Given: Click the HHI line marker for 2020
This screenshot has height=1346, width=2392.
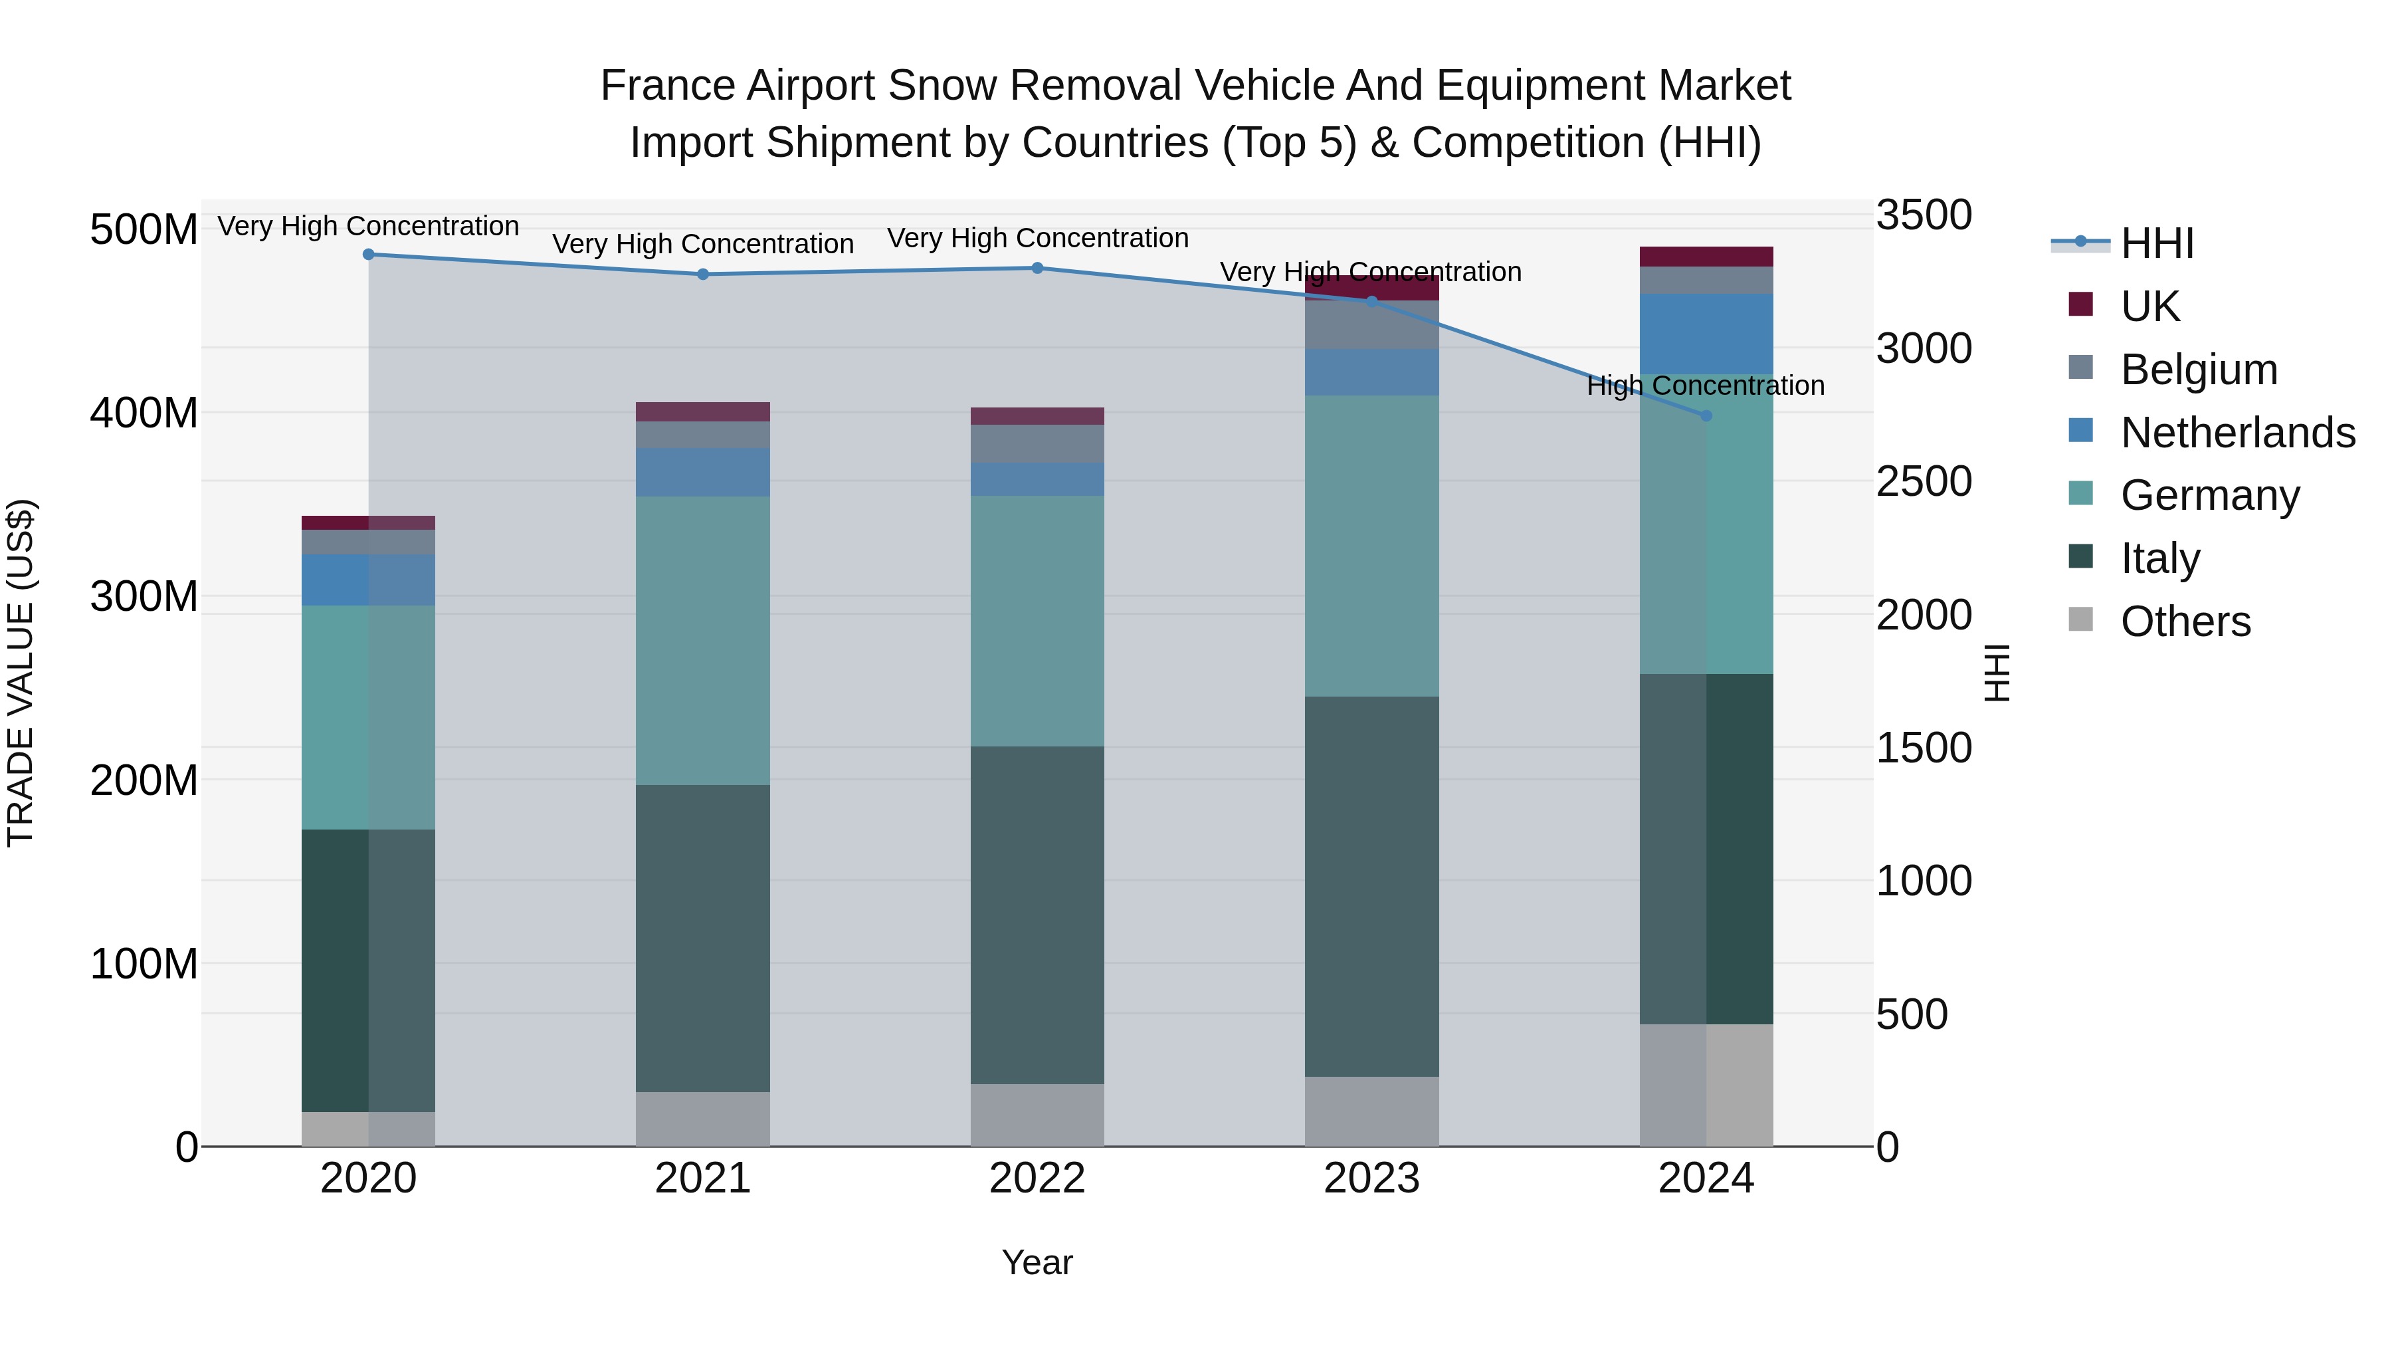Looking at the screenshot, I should click(369, 255).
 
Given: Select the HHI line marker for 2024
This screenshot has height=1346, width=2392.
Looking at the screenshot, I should click(1706, 416).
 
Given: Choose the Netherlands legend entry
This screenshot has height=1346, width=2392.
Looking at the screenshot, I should click(2237, 433).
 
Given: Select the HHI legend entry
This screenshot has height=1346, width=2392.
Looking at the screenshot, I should click(2156, 243).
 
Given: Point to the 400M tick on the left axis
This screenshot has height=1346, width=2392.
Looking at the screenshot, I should click(144, 412).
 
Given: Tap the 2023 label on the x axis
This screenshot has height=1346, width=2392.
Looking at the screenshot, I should click(1371, 1178).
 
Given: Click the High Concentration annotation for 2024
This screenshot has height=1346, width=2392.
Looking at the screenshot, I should click(1706, 386).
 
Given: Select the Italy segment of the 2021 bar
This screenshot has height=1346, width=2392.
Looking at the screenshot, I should click(703, 938).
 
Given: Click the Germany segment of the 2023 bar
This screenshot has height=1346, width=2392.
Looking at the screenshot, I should click(1371, 546).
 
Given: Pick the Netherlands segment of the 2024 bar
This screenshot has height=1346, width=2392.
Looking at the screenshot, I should click(1706, 334).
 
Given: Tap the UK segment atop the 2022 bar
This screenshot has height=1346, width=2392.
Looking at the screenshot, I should click(1037, 416).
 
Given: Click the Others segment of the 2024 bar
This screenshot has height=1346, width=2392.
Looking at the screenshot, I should click(1706, 1085).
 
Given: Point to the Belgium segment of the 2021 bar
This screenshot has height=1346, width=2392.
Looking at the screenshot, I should click(703, 435).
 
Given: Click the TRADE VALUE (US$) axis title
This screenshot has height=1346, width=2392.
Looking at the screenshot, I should click(21, 673).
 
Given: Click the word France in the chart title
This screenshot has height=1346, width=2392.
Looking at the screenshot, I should click(668, 86).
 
